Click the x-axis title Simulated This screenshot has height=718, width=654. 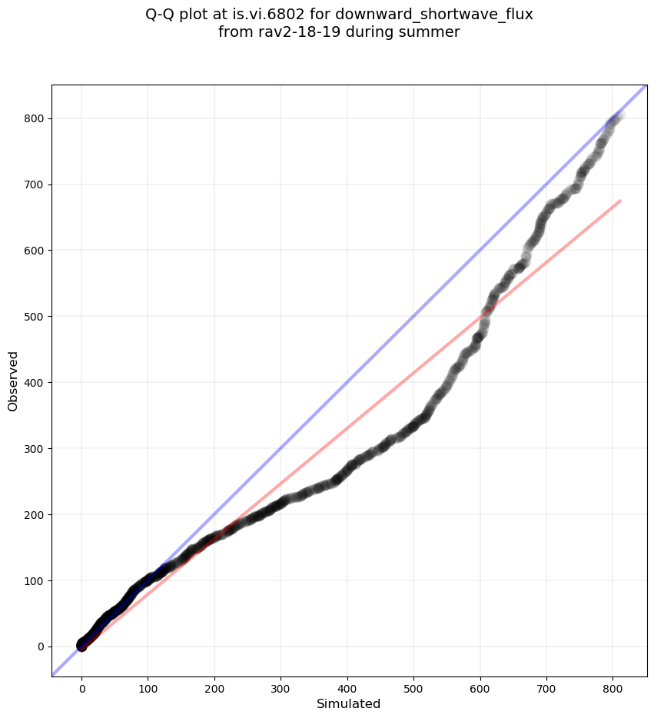pos(348,704)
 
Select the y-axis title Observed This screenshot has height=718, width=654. pos(13,381)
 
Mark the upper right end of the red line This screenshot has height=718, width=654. pos(620,201)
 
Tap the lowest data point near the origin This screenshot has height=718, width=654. pos(82,647)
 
